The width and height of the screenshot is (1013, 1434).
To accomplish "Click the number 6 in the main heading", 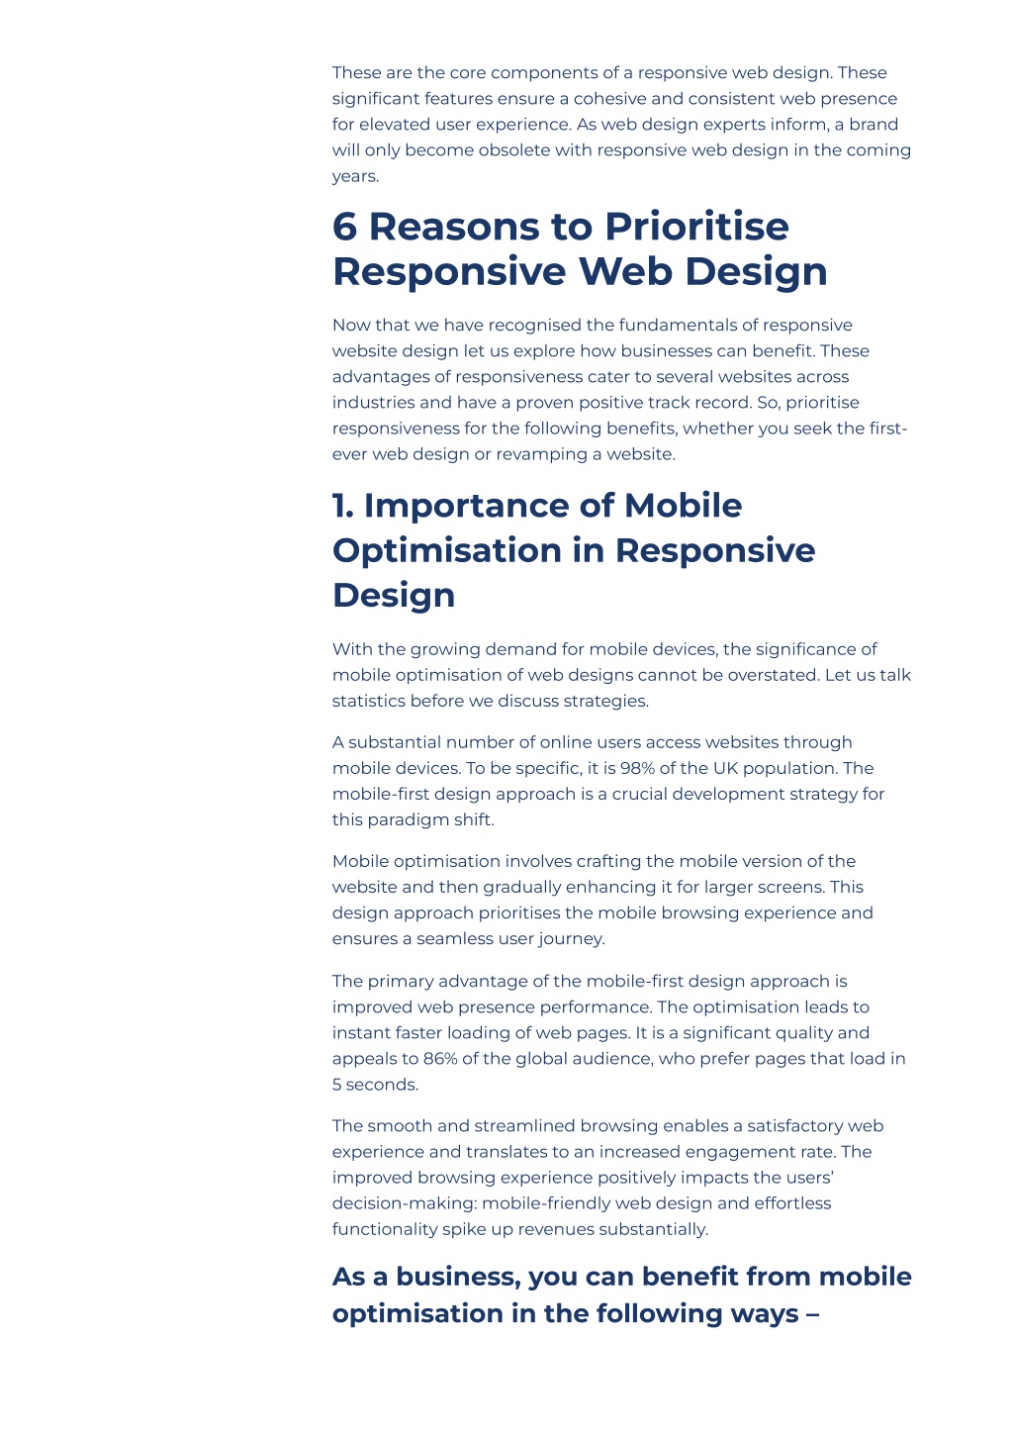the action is click(x=344, y=227).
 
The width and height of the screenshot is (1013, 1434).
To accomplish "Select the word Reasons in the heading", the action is click(x=454, y=227).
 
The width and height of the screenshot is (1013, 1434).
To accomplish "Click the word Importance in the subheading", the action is click(x=467, y=507).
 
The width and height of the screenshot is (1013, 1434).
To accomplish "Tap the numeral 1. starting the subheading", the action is click(x=343, y=507).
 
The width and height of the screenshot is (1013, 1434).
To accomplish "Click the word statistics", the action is click(x=369, y=701).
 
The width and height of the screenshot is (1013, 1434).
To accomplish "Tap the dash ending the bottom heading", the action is click(x=812, y=1314).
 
